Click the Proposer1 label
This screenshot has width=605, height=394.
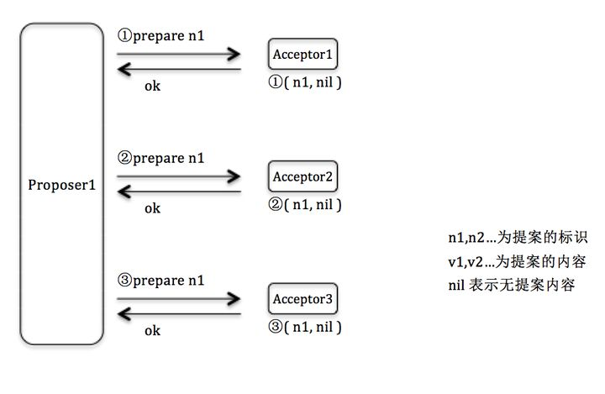point(61,185)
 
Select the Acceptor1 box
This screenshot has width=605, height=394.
point(305,55)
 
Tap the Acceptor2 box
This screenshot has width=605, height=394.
point(305,178)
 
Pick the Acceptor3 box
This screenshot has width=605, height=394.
point(305,298)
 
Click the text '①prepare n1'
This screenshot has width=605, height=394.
point(162,36)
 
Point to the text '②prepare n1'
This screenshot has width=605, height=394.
point(162,157)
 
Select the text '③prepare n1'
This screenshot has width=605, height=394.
point(162,280)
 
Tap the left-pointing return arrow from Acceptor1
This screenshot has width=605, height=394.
point(178,71)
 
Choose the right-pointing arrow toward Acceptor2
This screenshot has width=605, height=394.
point(178,176)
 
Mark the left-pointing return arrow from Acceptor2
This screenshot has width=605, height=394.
point(178,192)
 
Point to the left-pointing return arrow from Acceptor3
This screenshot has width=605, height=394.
point(178,315)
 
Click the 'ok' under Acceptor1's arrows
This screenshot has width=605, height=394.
point(152,86)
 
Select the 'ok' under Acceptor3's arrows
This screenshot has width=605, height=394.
point(152,330)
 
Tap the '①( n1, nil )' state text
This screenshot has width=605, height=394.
point(305,82)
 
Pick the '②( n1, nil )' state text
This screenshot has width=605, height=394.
point(305,204)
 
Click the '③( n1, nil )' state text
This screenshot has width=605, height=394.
point(305,326)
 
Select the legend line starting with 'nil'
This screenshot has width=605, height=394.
point(512,285)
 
